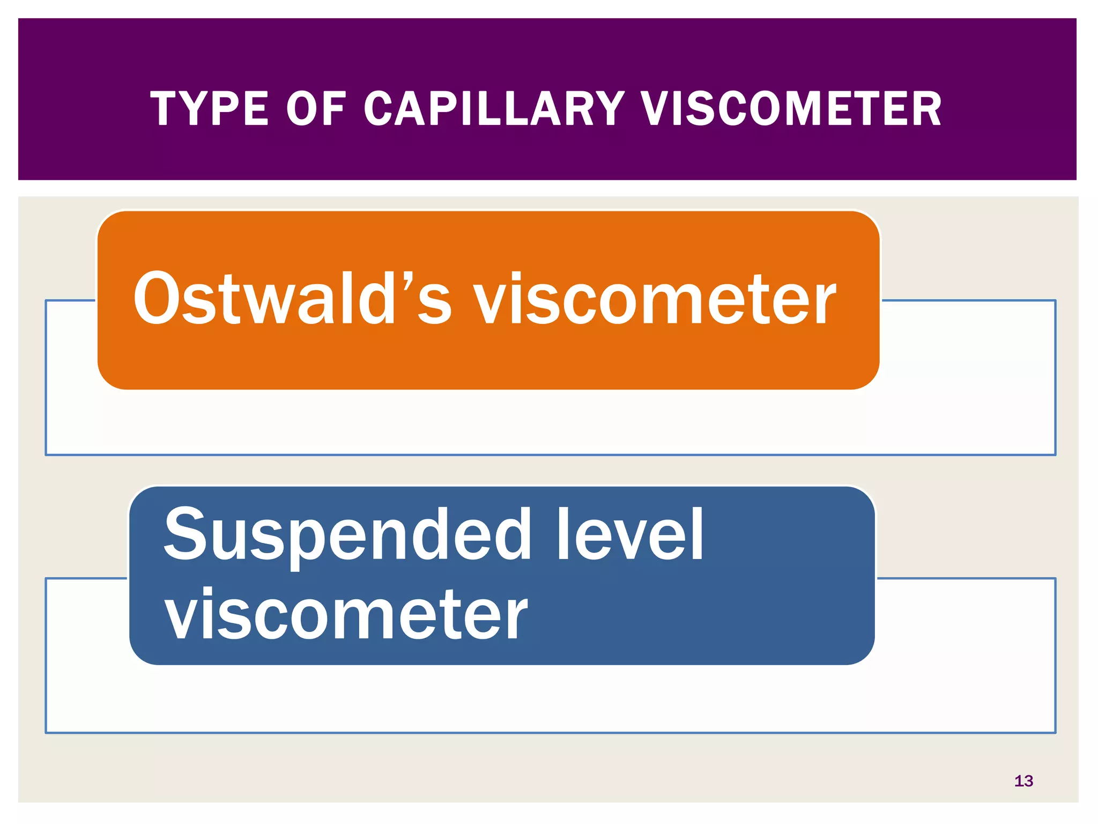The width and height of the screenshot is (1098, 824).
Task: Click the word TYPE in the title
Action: click(209, 109)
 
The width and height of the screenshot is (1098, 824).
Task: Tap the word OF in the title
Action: click(316, 109)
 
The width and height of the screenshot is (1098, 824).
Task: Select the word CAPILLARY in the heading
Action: click(494, 109)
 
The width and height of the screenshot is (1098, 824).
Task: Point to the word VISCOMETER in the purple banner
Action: click(791, 109)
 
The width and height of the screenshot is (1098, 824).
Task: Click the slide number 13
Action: click(1023, 781)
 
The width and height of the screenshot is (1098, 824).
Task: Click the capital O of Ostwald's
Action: click(161, 298)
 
